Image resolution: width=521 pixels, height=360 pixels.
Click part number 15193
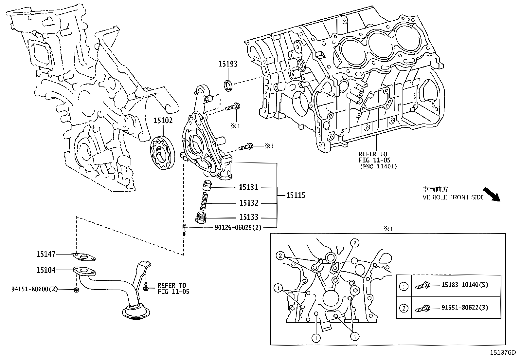tap(228, 64)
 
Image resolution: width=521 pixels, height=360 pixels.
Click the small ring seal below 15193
tap(228, 85)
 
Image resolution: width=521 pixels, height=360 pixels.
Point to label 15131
tap(248, 187)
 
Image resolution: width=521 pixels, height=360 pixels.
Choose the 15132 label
tap(248, 203)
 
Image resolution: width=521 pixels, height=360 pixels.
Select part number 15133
tap(248, 217)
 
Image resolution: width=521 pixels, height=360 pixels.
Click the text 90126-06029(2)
tap(238, 227)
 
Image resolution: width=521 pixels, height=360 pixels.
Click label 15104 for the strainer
tap(46, 270)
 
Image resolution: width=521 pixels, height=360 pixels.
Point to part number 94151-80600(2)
tap(35, 289)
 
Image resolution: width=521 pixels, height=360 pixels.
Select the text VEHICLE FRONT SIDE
tap(453, 197)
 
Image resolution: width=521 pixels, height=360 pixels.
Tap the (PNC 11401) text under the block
tap(378, 166)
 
